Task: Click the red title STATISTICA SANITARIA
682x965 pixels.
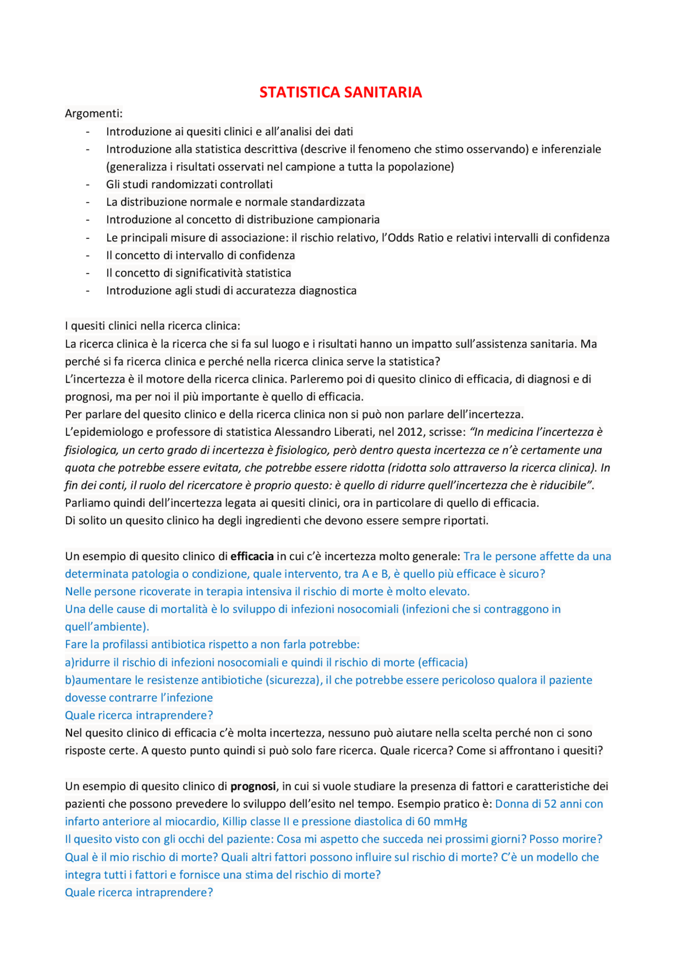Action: point(340,92)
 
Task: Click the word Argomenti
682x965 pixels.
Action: point(93,113)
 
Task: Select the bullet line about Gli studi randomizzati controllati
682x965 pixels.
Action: point(189,184)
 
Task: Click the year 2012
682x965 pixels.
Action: point(408,432)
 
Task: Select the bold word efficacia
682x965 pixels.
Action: point(251,556)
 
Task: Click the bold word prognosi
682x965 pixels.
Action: point(253,786)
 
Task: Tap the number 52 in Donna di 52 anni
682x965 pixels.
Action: point(551,804)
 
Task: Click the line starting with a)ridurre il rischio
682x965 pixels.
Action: point(266,662)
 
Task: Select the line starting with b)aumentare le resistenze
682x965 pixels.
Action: point(328,680)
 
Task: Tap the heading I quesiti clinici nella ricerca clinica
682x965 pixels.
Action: point(152,326)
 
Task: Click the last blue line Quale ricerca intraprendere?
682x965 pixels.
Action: point(139,892)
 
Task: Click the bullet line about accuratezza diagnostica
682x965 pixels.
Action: point(231,290)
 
